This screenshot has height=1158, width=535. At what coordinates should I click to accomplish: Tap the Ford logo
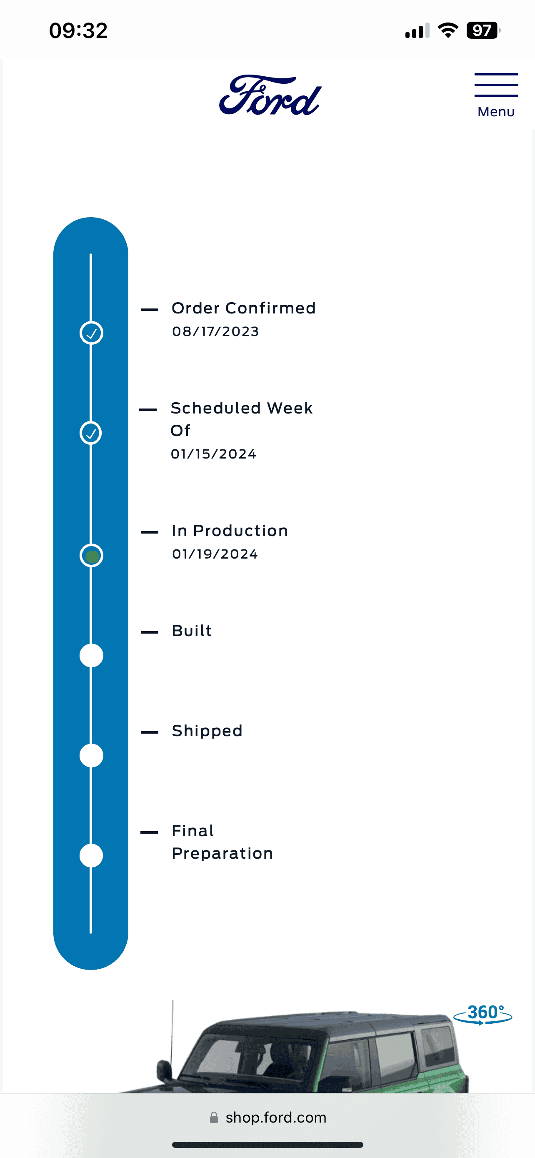(x=270, y=95)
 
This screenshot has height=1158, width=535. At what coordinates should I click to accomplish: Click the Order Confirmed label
(x=244, y=308)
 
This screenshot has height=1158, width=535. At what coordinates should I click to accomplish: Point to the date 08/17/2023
(x=215, y=331)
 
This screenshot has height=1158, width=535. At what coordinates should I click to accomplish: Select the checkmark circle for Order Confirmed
(x=91, y=333)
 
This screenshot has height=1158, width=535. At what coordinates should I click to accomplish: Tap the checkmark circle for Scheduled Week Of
(x=91, y=433)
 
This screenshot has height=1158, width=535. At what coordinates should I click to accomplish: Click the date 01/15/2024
(x=214, y=454)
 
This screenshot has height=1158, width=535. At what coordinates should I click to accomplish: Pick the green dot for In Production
(x=92, y=556)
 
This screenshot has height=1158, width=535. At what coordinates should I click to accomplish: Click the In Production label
(x=230, y=531)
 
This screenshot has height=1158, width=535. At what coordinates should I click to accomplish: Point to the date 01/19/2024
(x=215, y=554)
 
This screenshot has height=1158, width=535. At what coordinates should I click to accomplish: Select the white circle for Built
(x=91, y=655)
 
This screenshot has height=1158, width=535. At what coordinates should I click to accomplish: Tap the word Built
(x=192, y=631)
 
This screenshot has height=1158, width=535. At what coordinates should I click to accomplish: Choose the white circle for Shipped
(x=91, y=756)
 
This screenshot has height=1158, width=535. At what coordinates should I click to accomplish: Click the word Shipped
(x=207, y=731)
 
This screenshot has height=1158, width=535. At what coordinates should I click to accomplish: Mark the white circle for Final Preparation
(x=91, y=855)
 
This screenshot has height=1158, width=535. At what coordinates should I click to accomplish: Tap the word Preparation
(x=222, y=854)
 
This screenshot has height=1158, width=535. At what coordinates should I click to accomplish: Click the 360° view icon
(x=483, y=1014)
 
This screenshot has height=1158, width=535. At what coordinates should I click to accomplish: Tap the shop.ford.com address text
(x=276, y=1118)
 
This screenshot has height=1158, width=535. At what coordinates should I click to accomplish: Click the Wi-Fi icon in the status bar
(x=448, y=30)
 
